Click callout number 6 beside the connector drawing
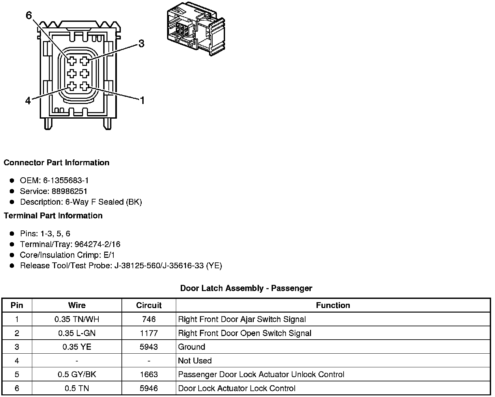tap(29, 15)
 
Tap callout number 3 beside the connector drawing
tap(141, 44)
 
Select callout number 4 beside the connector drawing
tap(28, 101)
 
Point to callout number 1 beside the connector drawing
tap(142, 100)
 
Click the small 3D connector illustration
tap(196, 29)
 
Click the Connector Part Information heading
tap(57, 163)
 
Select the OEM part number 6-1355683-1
tap(66, 180)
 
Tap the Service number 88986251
tap(69, 191)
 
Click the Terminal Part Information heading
tap(53, 215)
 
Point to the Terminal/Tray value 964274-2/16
tap(97, 244)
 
